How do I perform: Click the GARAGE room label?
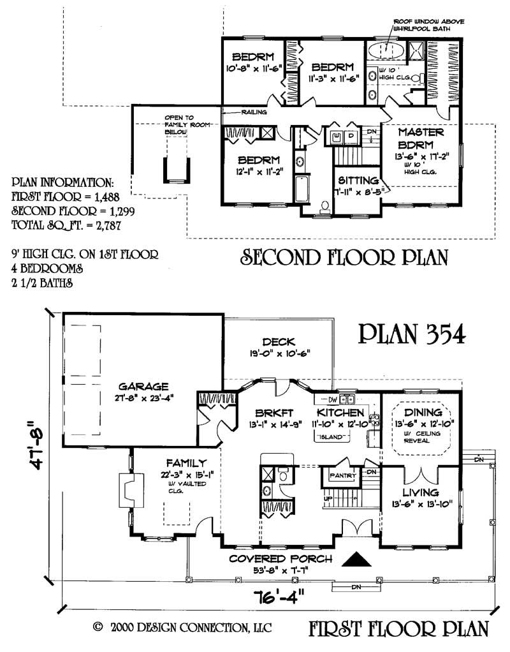(x=143, y=386)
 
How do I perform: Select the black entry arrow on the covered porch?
(x=357, y=559)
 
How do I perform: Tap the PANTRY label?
(x=342, y=475)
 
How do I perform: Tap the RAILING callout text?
(x=253, y=112)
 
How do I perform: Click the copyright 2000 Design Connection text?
(x=182, y=628)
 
